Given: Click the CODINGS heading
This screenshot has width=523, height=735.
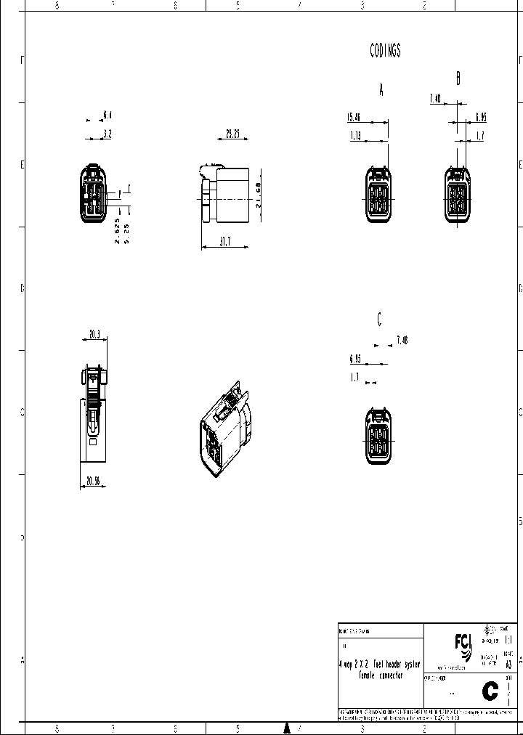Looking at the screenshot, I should pyautogui.click(x=385, y=51).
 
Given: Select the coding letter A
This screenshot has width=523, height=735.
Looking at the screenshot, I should pyautogui.click(x=381, y=89).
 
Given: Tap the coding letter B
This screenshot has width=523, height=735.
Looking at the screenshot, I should pyautogui.click(x=458, y=78).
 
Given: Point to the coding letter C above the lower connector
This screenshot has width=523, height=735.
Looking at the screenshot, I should pyautogui.click(x=379, y=319).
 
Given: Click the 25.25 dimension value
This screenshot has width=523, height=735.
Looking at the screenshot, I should pyautogui.click(x=232, y=134).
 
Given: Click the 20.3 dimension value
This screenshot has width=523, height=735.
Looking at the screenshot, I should pyautogui.click(x=94, y=335).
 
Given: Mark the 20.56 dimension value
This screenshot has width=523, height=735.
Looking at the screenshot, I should pyautogui.click(x=93, y=481).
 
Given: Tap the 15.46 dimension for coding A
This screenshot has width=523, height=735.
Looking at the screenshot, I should pyautogui.click(x=354, y=117).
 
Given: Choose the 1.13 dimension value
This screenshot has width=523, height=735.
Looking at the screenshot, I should pyautogui.click(x=355, y=136).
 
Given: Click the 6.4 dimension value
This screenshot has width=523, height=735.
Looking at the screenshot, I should pyautogui.click(x=108, y=115).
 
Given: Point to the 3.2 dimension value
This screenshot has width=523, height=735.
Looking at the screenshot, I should pyautogui.click(x=108, y=134).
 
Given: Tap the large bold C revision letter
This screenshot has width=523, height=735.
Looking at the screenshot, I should pyautogui.click(x=490, y=691).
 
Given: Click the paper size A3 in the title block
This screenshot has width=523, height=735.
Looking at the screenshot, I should pyautogui.click(x=508, y=662).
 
